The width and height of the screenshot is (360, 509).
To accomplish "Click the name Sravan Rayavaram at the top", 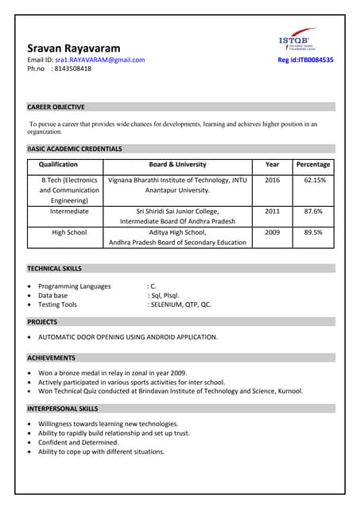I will [x=74, y=49].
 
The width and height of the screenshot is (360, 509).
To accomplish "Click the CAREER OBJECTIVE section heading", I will [x=56, y=107].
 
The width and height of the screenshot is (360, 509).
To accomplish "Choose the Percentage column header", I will [x=313, y=165].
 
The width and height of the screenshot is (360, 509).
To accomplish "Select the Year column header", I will [x=273, y=165].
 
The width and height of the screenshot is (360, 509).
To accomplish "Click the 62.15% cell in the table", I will [x=313, y=181].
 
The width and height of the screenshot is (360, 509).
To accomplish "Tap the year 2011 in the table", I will [x=273, y=212].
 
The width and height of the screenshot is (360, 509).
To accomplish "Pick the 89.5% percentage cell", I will [x=313, y=232].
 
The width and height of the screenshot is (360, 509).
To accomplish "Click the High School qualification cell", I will [x=69, y=232].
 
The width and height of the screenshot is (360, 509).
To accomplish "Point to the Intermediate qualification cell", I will [x=69, y=212].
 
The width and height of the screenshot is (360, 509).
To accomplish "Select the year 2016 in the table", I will [x=273, y=181].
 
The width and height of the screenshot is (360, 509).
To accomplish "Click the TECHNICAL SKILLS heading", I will [x=54, y=269].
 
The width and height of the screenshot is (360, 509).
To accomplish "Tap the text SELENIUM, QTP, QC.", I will [x=180, y=305].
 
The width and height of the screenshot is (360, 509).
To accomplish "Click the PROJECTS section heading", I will [x=42, y=322].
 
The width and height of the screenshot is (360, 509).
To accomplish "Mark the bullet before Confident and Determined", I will [x=30, y=442].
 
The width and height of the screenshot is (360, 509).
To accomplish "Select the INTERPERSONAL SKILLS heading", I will [x=62, y=408].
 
